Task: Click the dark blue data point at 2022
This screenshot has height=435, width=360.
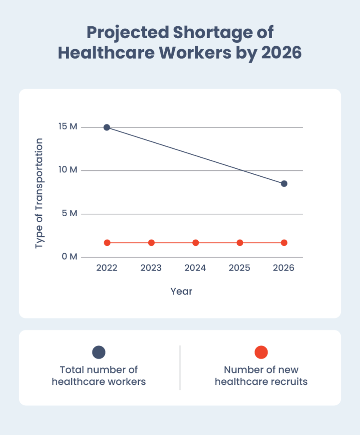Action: [x=107, y=127]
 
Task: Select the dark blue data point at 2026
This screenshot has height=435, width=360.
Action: [x=284, y=184]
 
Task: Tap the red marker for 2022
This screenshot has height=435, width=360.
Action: [x=107, y=243]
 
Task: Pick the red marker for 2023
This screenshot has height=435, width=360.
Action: [x=151, y=243]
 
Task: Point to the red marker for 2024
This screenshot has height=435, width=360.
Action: [x=195, y=243]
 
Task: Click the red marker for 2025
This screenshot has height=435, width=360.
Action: [x=240, y=243]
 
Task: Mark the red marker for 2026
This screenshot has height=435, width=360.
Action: [x=284, y=243]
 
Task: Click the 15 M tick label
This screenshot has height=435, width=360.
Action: [x=68, y=127]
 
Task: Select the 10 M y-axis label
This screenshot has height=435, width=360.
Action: [x=68, y=170]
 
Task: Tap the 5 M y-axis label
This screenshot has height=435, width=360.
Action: [x=70, y=213]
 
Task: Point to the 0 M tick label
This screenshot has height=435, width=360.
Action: [x=69, y=257]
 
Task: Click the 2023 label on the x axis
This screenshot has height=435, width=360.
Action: [x=151, y=268]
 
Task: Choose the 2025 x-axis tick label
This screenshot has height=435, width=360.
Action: [x=240, y=268]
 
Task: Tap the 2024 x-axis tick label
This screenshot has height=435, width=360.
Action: [x=195, y=268]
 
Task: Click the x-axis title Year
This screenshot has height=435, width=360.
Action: [x=181, y=291]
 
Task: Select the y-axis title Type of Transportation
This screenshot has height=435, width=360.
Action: [x=39, y=193]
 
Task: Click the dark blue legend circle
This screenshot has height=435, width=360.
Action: [x=98, y=352]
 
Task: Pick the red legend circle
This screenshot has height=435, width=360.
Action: [x=261, y=352]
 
